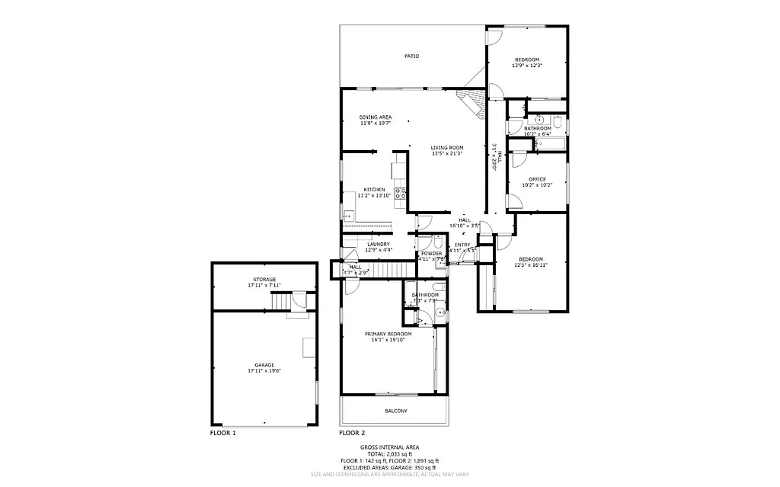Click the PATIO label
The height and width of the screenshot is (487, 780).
(x=411, y=56)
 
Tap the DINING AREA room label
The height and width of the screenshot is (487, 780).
(x=376, y=117)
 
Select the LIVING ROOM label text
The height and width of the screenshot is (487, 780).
(x=447, y=148)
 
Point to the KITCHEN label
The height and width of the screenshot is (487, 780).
(x=374, y=189)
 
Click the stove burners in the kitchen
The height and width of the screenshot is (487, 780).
(x=400, y=193)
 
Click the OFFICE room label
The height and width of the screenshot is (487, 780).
(x=537, y=179)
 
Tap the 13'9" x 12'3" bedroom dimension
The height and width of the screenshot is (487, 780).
(x=526, y=66)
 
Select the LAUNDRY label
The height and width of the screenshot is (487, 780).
(x=378, y=244)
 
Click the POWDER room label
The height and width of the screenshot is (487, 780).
(x=432, y=253)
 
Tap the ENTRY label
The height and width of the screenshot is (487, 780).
(x=462, y=244)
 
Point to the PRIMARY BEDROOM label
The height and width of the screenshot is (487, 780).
(x=388, y=334)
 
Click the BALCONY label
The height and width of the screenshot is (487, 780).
(x=395, y=411)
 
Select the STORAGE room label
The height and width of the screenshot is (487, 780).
(x=264, y=279)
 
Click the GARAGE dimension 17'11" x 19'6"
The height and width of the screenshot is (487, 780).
(x=264, y=370)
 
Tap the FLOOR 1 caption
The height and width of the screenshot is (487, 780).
(x=223, y=432)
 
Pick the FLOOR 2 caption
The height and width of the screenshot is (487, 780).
(x=352, y=432)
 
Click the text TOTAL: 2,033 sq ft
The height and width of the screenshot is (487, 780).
(x=389, y=454)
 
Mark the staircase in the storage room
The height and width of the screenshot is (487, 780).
(x=283, y=303)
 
